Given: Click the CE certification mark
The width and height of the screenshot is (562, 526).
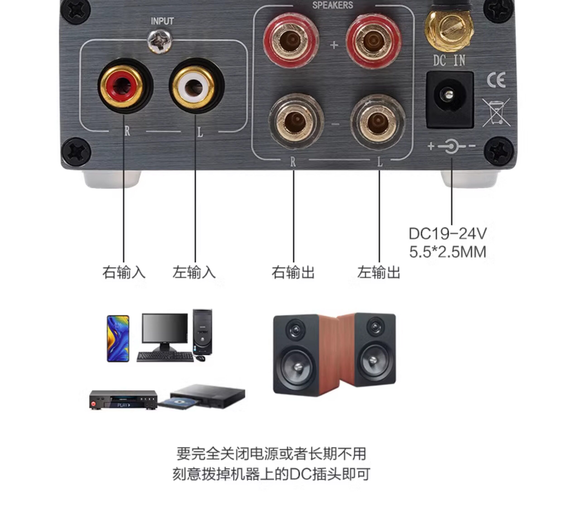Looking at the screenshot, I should click(x=496, y=80).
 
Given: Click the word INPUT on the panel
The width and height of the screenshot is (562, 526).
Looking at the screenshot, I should click(x=162, y=21).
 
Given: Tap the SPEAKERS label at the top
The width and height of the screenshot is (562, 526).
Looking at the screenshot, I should click(x=333, y=5).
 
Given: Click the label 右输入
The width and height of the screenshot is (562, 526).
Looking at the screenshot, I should click(x=124, y=272).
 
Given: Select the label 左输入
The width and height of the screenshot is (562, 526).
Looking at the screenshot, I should click(x=194, y=272).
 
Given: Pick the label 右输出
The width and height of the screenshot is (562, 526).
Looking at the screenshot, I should click(x=293, y=272).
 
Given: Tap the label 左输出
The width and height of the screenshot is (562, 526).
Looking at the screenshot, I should click(x=379, y=272).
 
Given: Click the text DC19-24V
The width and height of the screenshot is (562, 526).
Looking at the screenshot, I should click(x=448, y=234).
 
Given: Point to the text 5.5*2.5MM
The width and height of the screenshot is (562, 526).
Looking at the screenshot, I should click(x=448, y=252).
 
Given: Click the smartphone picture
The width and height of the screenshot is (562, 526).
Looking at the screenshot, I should click(x=118, y=338).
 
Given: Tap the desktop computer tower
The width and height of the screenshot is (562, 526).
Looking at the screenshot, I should click(x=202, y=331).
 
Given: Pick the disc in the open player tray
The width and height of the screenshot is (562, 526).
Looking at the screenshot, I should click(x=178, y=402).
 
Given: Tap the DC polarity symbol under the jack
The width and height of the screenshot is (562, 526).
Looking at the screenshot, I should click(x=451, y=146).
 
